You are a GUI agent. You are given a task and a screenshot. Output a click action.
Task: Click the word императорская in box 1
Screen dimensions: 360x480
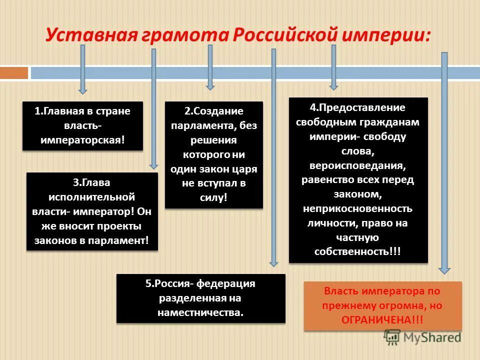coord(83,139)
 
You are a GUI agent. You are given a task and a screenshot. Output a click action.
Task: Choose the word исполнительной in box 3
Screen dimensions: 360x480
coord(92,197)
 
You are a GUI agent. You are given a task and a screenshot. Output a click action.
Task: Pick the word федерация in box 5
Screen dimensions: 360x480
coord(225,284)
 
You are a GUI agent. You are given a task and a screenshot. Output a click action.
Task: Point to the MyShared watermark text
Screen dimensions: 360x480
coord(433,337)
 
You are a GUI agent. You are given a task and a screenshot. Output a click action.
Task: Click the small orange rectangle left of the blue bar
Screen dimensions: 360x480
coord(14,73)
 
